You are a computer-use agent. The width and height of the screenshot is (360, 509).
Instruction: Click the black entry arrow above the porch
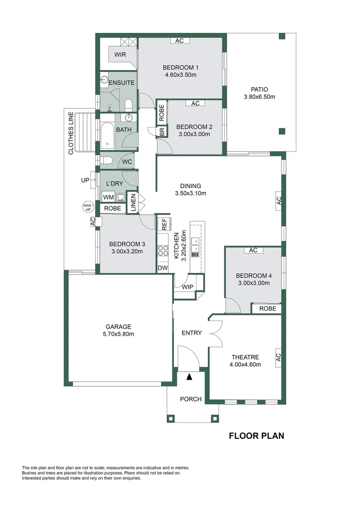[189, 377]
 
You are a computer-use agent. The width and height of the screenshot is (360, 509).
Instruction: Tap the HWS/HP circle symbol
[88, 207]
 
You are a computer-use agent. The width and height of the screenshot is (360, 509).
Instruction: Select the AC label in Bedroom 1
[180, 41]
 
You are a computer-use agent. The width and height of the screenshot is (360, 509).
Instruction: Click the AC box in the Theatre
[278, 358]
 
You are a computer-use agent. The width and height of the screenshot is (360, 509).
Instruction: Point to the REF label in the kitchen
[164, 224]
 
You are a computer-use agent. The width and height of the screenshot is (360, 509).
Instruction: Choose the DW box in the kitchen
[163, 268]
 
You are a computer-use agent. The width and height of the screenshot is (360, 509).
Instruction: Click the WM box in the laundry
[108, 197]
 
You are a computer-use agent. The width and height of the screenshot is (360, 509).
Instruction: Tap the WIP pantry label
[188, 287]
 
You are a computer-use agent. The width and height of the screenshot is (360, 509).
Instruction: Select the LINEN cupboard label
[133, 203]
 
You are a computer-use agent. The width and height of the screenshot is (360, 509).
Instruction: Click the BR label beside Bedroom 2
[162, 131]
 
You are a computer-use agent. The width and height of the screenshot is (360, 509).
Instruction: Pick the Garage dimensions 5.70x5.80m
[118, 334]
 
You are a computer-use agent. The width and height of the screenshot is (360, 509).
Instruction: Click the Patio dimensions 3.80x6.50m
[259, 97]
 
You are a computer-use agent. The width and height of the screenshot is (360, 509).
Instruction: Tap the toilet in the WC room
[106, 160]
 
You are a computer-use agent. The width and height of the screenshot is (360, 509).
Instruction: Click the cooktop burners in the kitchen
[163, 251]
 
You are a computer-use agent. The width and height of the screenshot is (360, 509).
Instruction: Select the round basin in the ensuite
[104, 80]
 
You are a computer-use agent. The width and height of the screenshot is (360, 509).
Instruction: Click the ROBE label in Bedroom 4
[268, 309]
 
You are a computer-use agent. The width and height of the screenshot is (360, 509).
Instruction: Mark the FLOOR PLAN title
[256, 435]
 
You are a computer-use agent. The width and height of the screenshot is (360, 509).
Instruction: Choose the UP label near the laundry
[85, 180]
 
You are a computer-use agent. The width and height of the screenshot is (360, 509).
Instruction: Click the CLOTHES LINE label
[71, 133]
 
